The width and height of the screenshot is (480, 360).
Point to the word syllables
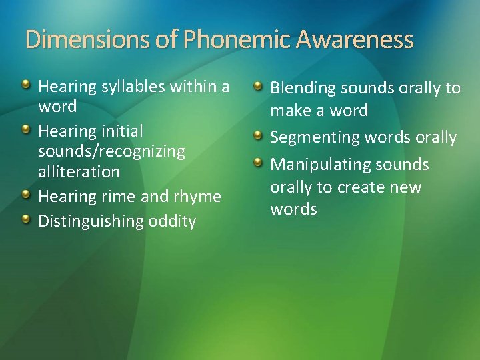click(x=129, y=87)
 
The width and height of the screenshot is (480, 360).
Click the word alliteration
click(x=79, y=171)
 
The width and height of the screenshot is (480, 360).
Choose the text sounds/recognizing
click(x=111, y=151)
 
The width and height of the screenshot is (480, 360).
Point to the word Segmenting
click(x=315, y=138)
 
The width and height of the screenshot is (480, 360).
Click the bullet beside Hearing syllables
click(x=25, y=85)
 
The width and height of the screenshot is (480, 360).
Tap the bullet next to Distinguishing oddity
click(x=25, y=219)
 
